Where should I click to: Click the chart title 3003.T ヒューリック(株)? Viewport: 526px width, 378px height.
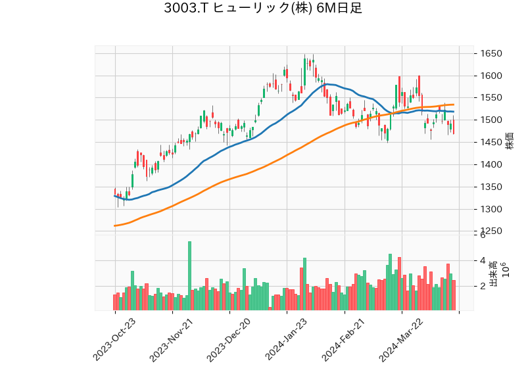pyautogui.click(x=262, y=9)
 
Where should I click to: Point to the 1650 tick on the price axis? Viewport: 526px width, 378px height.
pyautogui.click(x=492, y=54)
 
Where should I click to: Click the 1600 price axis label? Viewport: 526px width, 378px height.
pyautogui.click(x=492, y=76)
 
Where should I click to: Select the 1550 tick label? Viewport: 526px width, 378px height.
pyautogui.click(x=492, y=98)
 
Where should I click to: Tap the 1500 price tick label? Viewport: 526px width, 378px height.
pyautogui.click(x=492, y=120)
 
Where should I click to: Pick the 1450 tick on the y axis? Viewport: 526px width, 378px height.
pyautogui.click(x=492, y=143)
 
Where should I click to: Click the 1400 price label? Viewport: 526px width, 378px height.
pyautogui.click(x=492, y=165)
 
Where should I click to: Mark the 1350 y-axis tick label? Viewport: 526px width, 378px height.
pyautogui.click(x=492, y=187)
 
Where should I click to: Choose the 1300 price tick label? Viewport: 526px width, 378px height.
pyautogui.click(x=492, y=210)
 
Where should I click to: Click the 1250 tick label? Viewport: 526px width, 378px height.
pyautogui.click(x=492, y=231)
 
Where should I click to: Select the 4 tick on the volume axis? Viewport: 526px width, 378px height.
pyautogui.click(x=483, y=260)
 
